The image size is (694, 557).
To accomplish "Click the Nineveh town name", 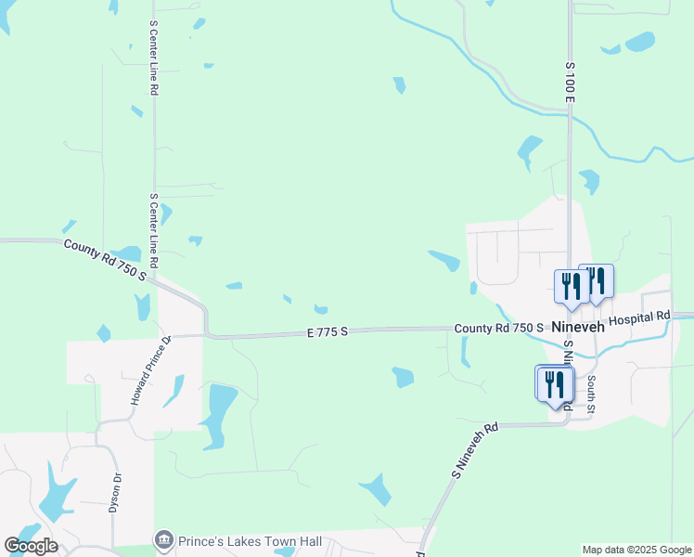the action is tap(578, 329).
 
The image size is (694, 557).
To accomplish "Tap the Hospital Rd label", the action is tap(639, 317).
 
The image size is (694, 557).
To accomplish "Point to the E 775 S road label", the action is tap(327, 331).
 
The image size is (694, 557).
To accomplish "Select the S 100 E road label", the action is tap(571, 83).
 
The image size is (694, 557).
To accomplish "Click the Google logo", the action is tap(31, 546).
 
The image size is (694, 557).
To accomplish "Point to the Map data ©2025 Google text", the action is tap(637, 550).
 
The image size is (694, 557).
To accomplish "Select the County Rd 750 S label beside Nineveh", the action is tap(499, 329).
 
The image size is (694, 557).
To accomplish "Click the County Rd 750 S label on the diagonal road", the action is tap(105, 259).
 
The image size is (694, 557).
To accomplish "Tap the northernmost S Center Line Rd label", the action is tap(155, 58).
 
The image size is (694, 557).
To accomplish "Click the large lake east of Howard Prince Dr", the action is tap(220, 412).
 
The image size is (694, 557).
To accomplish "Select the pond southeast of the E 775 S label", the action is tap(402, 377).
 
